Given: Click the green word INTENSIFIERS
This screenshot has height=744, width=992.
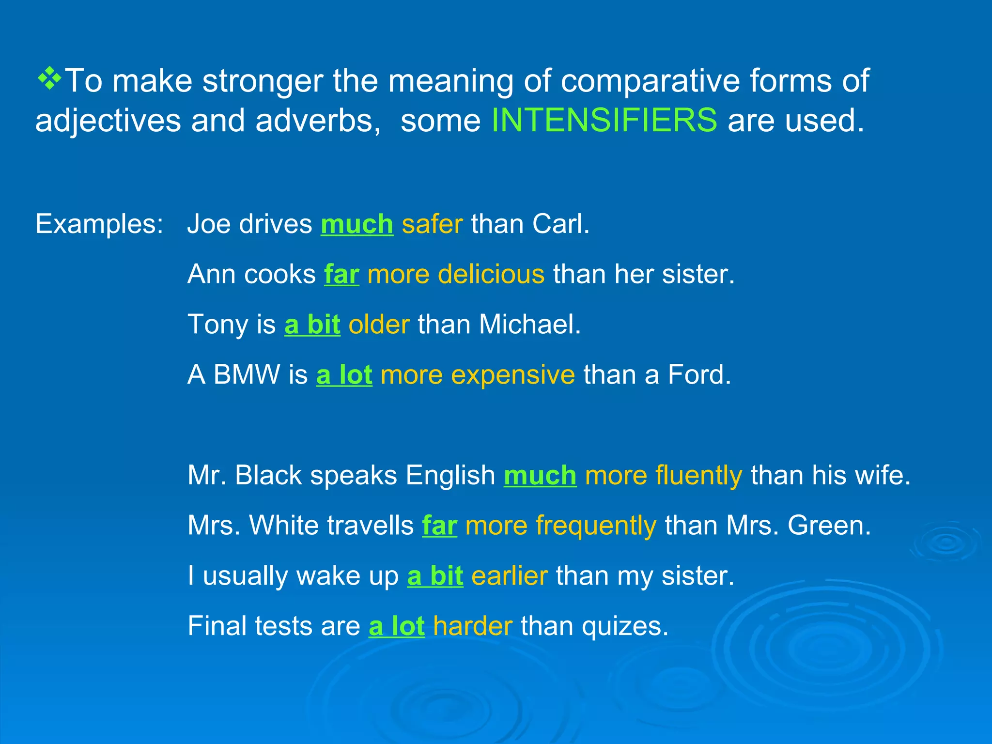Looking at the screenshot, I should click(604, 120).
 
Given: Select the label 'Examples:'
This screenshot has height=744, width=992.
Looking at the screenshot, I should click(99, 224).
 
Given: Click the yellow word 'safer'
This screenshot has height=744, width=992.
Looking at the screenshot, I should click(432, 224).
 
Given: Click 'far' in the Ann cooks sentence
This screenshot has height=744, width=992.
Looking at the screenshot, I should click(341, 274).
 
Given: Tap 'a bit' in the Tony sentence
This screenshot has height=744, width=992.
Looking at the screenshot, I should click(312, 325).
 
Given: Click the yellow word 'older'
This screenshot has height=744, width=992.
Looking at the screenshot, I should click(379, 325).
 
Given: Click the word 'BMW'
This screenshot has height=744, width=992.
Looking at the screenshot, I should click(247, 375).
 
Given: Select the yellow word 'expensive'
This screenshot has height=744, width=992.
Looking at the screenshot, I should click(513, 375).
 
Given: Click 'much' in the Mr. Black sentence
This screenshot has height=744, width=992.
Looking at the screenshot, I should click(540, 475).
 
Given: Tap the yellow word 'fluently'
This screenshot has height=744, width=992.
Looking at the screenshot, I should click(698, 475).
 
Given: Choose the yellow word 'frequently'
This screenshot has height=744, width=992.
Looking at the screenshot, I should click(596, 526).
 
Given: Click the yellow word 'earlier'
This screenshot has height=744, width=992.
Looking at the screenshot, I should click(510, 576).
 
